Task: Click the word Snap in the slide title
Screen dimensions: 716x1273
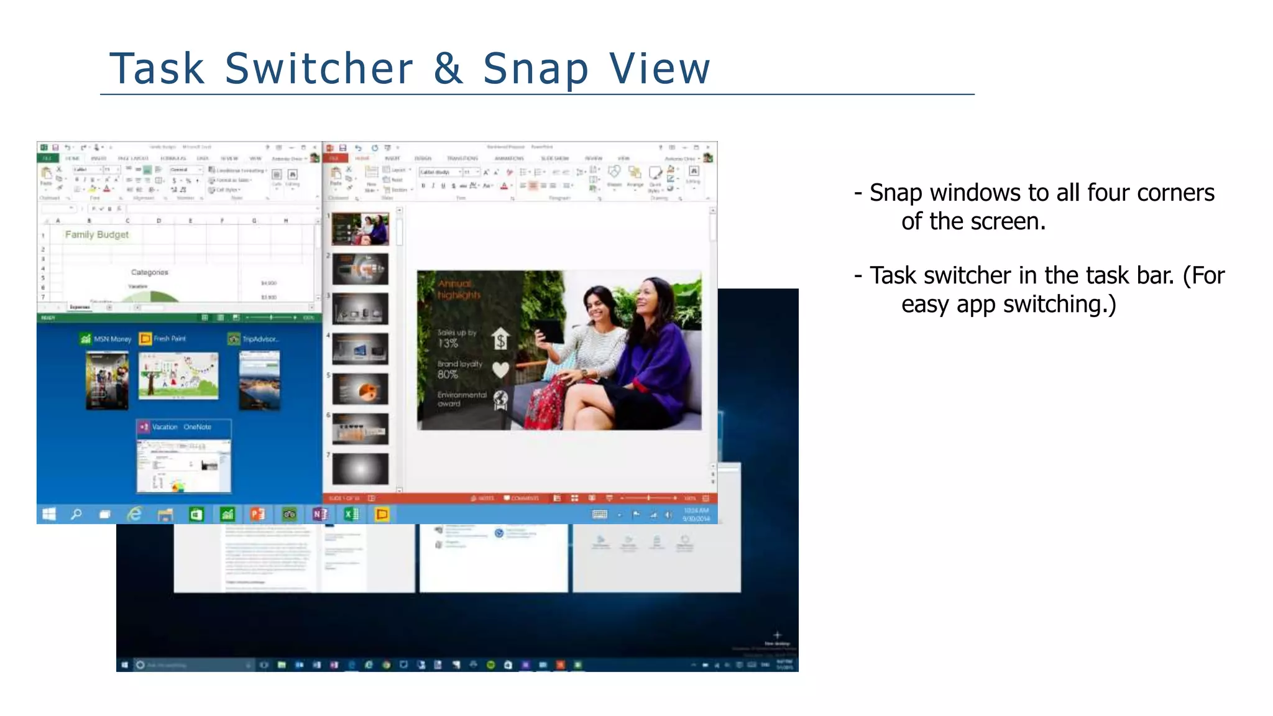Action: click(535, 69)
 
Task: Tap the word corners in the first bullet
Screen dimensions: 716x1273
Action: click(1175, 193)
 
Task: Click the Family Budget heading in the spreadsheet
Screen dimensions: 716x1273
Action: click(97, 234)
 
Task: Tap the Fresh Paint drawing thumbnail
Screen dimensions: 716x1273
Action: click(178, 376)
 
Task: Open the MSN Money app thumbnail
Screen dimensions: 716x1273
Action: click(107, 380)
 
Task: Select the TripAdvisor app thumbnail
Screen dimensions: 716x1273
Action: click(259, 380)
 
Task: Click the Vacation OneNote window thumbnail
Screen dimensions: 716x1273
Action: click(183, 465)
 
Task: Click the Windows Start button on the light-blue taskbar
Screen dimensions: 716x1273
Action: click(49, 514)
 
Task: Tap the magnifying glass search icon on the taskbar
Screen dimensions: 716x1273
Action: click(76, 514)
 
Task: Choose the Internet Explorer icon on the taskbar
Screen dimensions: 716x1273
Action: click(134, 514)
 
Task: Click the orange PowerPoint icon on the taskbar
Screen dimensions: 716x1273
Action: click(257, 514)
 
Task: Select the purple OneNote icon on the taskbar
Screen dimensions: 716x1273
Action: click(320, 514)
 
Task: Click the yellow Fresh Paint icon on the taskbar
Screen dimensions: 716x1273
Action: click(382, 514)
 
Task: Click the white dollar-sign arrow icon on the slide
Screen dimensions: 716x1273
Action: click(500, 339)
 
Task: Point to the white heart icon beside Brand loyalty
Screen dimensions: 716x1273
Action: click(500, 370)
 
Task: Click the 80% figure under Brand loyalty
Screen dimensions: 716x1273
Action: click(448, 375)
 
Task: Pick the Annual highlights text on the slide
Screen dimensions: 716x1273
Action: click(458, 290)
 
